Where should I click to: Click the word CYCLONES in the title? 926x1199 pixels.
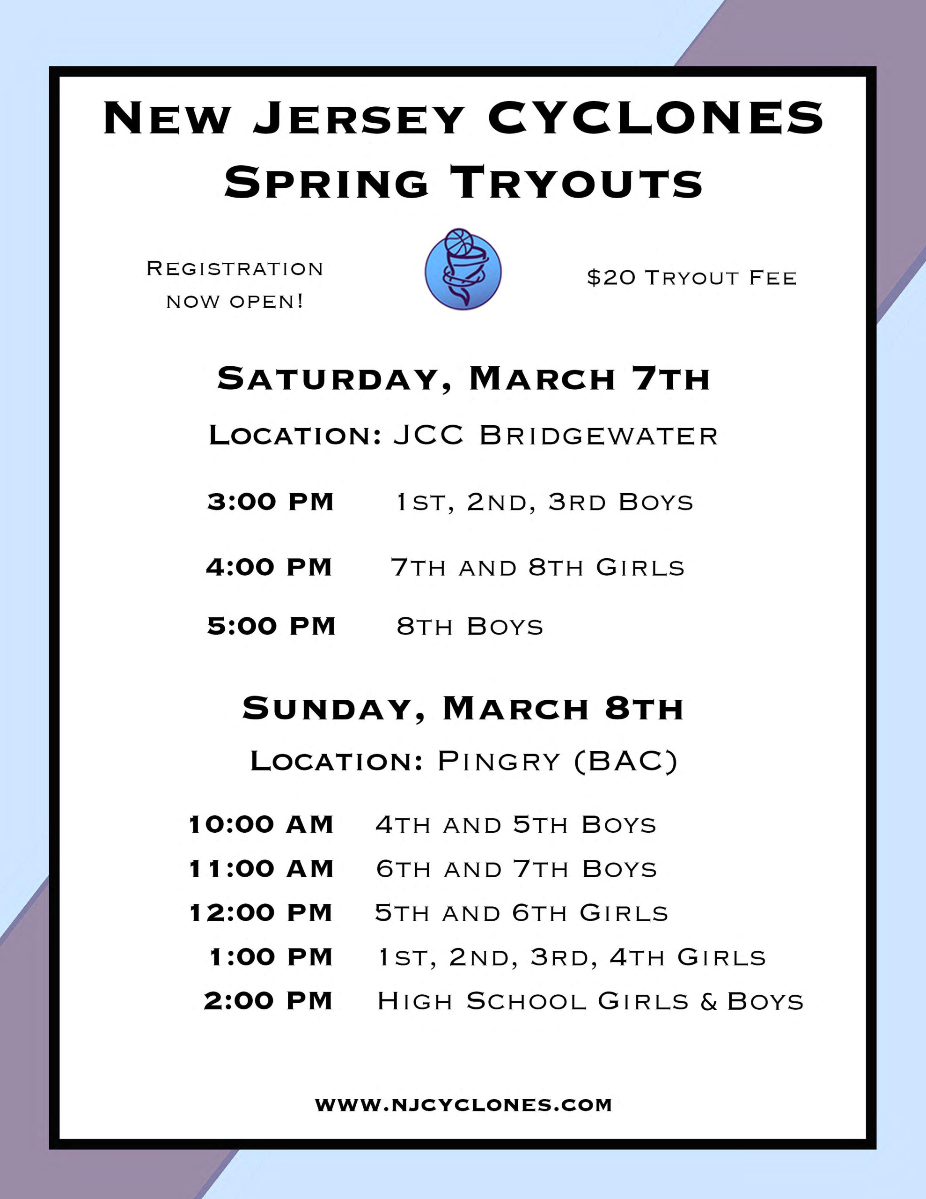pos(656,118)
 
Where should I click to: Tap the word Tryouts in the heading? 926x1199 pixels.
pos(576,182)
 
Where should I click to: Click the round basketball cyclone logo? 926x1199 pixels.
pos(463,270)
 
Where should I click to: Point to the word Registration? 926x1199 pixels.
pos(235,268)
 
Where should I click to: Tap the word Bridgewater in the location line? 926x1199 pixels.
pos(599,436)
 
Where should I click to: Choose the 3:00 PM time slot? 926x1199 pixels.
pos(271,502)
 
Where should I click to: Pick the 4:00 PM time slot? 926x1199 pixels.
pos(269,567)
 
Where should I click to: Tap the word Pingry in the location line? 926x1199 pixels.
pos(499,762)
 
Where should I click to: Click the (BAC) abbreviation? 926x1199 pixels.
pos(626,762)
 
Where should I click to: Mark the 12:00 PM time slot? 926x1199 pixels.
pos(261,913)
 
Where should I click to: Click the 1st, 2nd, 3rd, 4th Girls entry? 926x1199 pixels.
pos(572,957)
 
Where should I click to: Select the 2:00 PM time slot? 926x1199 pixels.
pos(268,1001)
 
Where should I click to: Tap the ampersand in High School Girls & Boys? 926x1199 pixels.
pos(709,1001)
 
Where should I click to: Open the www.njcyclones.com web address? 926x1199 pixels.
pos(463,1104)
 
